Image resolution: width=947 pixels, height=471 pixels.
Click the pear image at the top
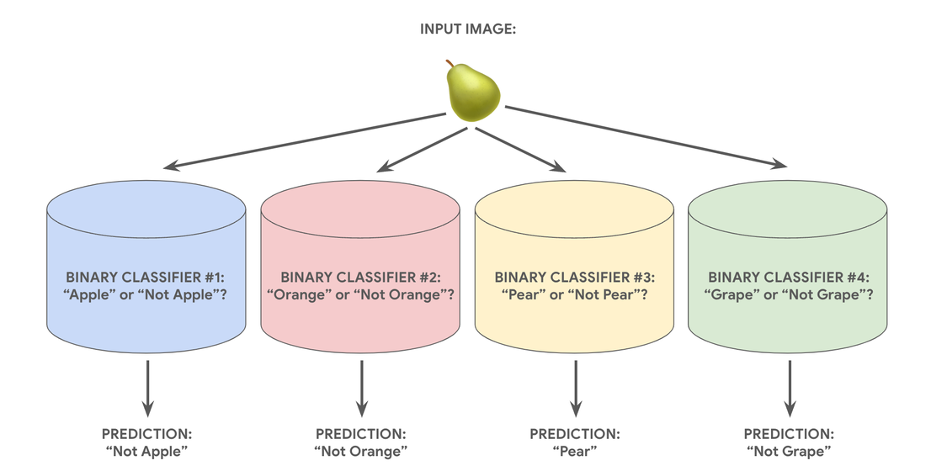click(473, 92)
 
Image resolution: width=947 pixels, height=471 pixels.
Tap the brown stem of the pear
click(450, 63)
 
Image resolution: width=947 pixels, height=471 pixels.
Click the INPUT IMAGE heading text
click(468, 29)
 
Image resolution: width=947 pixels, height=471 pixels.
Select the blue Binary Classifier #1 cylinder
click(146, 267)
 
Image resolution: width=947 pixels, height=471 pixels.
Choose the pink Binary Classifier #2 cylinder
click(360, 267)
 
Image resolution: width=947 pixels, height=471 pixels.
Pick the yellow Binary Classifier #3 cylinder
click(574, 267)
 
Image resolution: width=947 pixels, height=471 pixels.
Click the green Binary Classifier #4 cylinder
click(788, 267)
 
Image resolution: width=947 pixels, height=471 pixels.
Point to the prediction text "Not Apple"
click(146, 451)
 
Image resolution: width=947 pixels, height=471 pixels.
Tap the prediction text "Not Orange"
click(361, 451)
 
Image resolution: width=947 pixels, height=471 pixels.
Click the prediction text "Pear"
click(575, 451)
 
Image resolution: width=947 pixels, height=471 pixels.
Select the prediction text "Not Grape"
click(789, 451)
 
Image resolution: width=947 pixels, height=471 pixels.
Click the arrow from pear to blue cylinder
click(305, 140)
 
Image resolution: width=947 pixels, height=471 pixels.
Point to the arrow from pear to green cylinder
click(646, 137)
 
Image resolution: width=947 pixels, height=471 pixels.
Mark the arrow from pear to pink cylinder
click(423, 150)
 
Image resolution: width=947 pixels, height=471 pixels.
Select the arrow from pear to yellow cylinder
click(520, 150)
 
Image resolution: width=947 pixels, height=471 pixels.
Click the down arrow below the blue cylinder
click(146, 389)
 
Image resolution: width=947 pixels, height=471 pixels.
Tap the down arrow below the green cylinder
click(789, 389)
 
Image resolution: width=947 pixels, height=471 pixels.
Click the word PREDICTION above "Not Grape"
click(789, 434)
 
